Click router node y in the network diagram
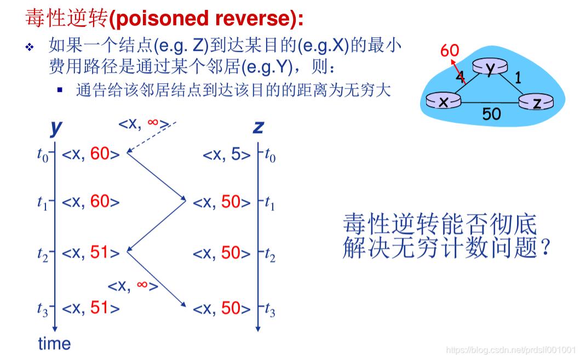[x=490, y=67]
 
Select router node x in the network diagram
[x=444, y=100]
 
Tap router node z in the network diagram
[x=536, y=101]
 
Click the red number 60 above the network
[x=450, y=50]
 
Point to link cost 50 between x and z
[x=492, y=114]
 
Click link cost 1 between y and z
[x=518, y=78]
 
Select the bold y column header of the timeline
[x=56, y=128]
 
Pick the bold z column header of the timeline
[x=258, y=127]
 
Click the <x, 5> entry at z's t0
[x=227, y=155]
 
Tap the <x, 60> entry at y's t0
[x=90, y=154]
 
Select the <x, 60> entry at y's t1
[x=90, y=202]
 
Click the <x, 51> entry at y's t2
[x=90, y=253]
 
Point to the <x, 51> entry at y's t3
[x=90, y=308]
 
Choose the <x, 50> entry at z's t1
[x=222, y=202]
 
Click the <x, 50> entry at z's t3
[x=222, y=308]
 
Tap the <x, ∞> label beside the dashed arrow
[x=144, y=124]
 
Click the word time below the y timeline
[x=54, y=344]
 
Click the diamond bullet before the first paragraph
[x=30, y=47]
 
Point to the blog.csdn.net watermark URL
[x=511, y=350]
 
